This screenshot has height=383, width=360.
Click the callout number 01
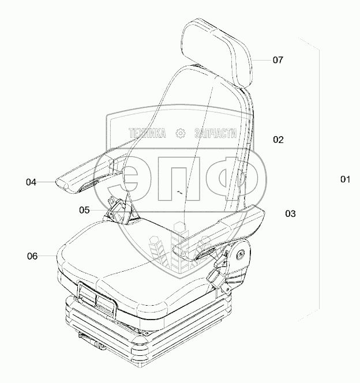click(345, 179)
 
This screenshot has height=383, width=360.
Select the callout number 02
click(279, 140)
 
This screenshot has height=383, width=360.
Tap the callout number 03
click(290, 213)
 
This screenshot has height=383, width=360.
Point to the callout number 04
click(31, 182)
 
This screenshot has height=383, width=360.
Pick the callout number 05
click(85, 211)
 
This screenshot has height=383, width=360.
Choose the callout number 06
click(33, 256)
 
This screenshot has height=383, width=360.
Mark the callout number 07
click(278, 60)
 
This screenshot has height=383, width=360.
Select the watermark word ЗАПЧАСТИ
click(216, 134)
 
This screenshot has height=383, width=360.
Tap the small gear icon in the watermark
click(181, 134)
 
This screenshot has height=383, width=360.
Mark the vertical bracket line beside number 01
click(319, 173)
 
